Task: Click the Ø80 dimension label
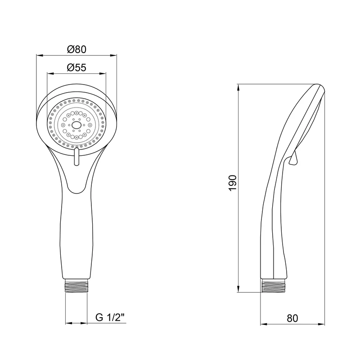(76, 49)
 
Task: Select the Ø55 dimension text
(76, 67)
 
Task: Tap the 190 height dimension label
(233, 183)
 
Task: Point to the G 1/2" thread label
(110, 318)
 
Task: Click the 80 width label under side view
(292, 318)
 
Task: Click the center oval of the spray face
(76, 125)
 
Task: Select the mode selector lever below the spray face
(76, 157)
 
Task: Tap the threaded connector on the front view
(76, 286)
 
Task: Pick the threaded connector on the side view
(274, 285)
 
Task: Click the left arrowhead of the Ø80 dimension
(40, 55)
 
